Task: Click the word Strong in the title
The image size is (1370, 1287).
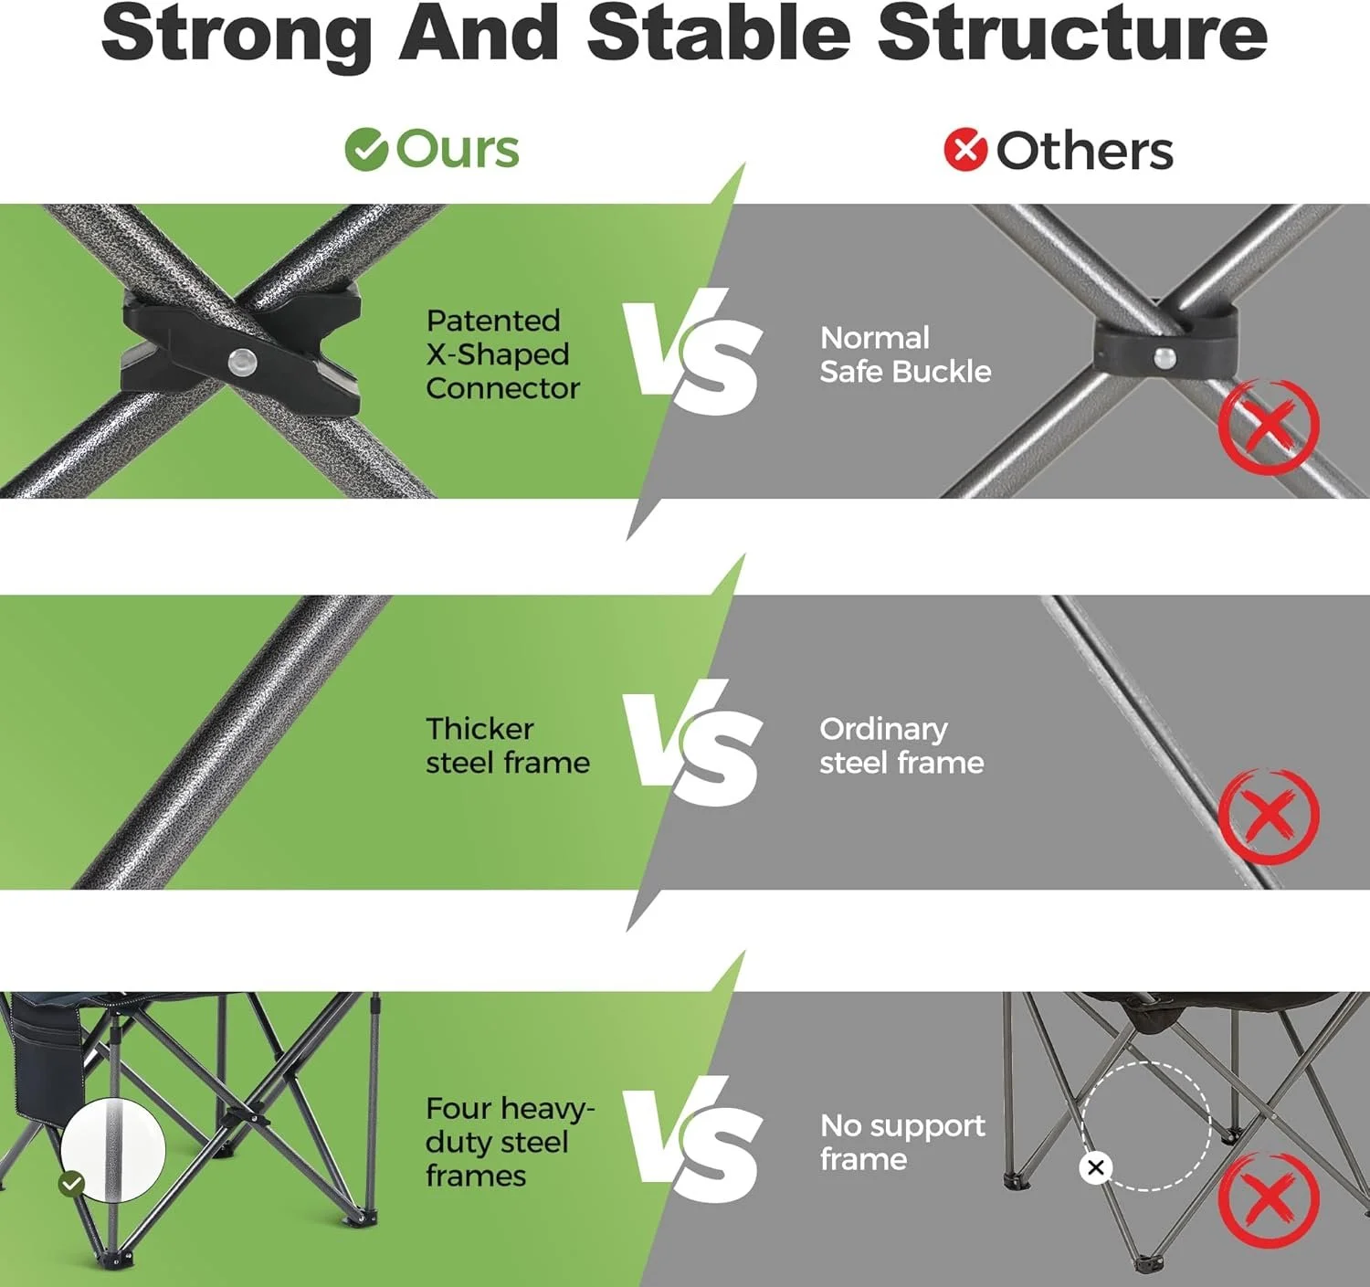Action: pos(237,36)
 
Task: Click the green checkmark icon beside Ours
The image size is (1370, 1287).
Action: pos(366,150)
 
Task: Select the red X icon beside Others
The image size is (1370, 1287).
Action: pos(965,150)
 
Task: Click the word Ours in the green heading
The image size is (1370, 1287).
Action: pos(458,149)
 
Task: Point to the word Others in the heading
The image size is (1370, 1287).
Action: pos(1084,151)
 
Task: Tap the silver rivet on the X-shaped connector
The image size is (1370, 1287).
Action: pos(241,360)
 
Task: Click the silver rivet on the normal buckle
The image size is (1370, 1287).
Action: pos(1164,357)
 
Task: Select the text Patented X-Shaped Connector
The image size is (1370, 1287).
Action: pos(502,354)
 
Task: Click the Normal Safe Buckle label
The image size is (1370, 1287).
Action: pos(905,354)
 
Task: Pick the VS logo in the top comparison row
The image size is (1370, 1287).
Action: pos(693,352)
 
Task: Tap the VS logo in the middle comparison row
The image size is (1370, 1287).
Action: pos(693,743)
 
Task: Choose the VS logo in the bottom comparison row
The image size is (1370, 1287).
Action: pos(693,1139)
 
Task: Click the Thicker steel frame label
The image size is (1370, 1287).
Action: pos(508,746)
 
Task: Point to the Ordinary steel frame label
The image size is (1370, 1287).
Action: pos(901,746)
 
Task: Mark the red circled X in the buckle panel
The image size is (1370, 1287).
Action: pos(1269,426)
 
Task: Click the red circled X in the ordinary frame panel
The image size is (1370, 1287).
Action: pos(1269,816)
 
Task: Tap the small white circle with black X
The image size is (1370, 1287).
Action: pos(1095,1167)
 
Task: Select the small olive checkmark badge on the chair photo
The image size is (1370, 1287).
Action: pos(72,1184)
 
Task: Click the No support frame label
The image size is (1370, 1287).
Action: pos(902,1142)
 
